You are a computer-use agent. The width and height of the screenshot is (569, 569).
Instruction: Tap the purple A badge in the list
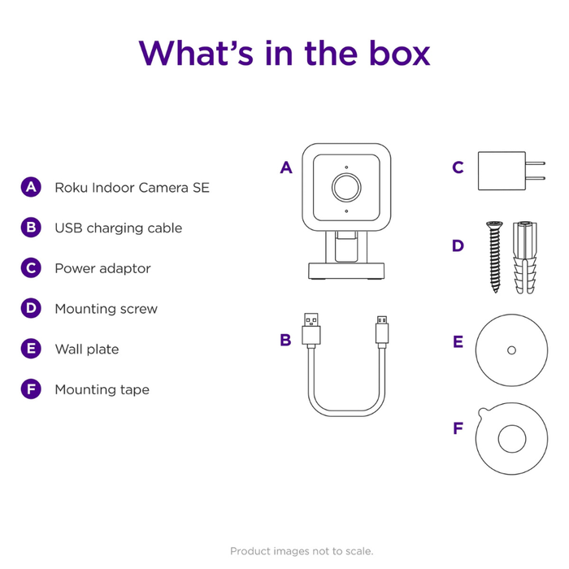point(30,187)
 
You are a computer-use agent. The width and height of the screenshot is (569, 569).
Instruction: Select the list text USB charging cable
point(118,228)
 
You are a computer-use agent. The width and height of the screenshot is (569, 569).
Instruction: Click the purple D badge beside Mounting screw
point(30,308)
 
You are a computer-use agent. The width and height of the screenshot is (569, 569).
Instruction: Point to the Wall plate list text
point(86,349)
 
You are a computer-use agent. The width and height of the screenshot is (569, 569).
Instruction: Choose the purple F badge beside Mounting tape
point(30,389)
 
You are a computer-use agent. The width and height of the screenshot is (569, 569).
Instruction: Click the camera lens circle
point(346,186)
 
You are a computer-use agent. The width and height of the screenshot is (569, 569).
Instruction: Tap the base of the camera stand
point(346,271)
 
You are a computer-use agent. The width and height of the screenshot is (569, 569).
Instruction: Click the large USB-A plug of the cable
point(311,328)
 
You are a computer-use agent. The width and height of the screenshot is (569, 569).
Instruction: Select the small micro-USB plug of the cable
point(381,330)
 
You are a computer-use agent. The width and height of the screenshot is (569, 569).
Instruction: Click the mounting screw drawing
point(493,257)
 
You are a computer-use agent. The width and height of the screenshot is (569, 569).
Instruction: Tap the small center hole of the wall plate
point(510,350)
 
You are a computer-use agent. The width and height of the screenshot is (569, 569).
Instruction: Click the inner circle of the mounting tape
point(511,440)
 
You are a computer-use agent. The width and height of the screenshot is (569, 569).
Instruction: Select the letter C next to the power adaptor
point(458,168)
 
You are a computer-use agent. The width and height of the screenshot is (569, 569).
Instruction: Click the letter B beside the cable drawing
point(285,341)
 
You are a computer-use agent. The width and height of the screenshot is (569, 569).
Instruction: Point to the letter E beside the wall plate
point(458,342)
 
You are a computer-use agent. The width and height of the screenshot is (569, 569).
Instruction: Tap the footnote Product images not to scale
point(302,550)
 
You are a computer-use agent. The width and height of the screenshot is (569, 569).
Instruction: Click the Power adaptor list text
point(102,268)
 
